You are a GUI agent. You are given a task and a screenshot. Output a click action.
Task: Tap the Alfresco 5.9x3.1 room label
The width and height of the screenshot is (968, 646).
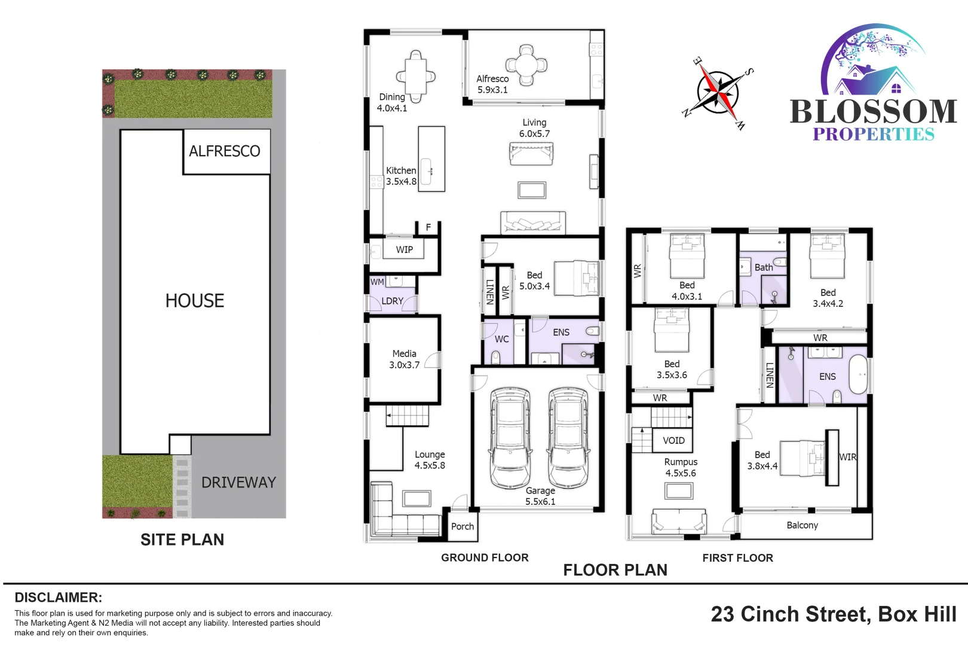(492, 84)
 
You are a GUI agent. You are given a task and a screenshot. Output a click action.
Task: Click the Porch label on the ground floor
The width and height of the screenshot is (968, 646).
(462, 526)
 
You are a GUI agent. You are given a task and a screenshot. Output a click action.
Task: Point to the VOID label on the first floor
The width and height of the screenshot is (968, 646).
(673, 441)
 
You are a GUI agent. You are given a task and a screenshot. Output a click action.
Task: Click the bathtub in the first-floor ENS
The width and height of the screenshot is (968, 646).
(858, 375)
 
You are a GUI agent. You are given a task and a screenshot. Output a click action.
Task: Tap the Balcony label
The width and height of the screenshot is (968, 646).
(802, 525)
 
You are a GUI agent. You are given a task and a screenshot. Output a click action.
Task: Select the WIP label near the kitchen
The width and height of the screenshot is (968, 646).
(404, 249)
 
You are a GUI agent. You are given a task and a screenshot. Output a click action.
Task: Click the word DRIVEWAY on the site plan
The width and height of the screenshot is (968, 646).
(238, 483)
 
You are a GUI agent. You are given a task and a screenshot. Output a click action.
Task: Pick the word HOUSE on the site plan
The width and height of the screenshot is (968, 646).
(195, 300)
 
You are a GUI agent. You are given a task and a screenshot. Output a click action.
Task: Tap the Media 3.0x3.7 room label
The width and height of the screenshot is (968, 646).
(405, 359)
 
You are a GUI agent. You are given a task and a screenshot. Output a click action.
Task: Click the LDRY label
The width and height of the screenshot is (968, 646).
(392, 301)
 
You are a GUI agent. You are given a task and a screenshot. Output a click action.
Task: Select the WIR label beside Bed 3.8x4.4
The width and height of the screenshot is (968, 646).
(847, 457)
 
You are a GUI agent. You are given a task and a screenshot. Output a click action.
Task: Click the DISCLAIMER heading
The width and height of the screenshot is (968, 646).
(58, 598)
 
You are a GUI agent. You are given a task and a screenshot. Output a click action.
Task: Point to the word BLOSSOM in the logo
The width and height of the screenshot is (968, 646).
(873, 112)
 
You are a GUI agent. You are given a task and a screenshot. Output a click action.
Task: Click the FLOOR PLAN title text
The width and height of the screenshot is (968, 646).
(615, 570)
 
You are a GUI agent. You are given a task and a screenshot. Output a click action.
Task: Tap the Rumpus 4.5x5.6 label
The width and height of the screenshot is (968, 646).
(681, 468)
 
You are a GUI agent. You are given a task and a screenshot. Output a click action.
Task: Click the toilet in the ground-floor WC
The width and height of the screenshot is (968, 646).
(495, 357)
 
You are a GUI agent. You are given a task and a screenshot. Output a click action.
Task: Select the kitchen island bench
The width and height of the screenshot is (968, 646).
(431, 159)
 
